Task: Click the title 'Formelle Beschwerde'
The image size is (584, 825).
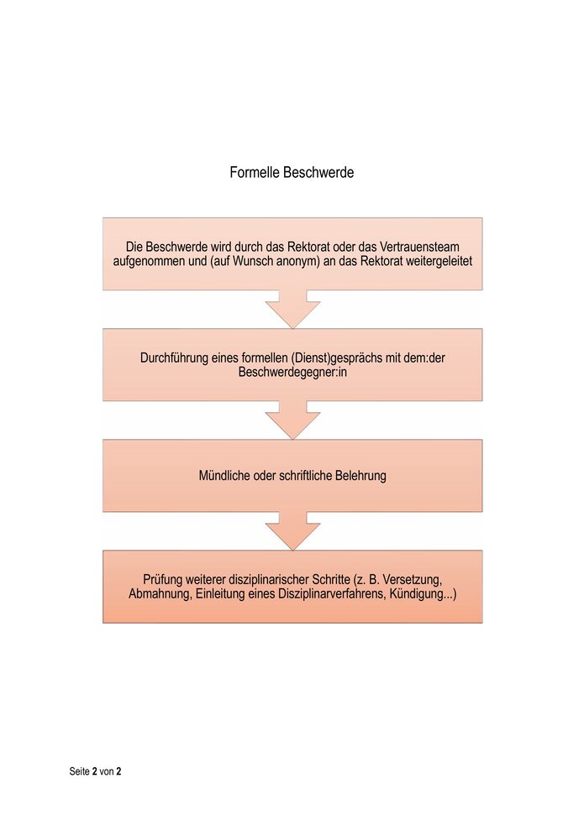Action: [292, 172]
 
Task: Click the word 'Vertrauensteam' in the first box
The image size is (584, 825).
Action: [419, 246]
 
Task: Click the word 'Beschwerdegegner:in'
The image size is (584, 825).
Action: [292, 372]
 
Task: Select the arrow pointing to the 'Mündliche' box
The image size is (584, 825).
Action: [292, 420]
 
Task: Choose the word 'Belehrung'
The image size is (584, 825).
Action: [363, 476]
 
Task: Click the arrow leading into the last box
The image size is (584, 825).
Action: [292, 531]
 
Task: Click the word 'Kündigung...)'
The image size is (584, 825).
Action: [424, 594]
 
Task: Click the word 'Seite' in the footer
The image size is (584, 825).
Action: [80, 771]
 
